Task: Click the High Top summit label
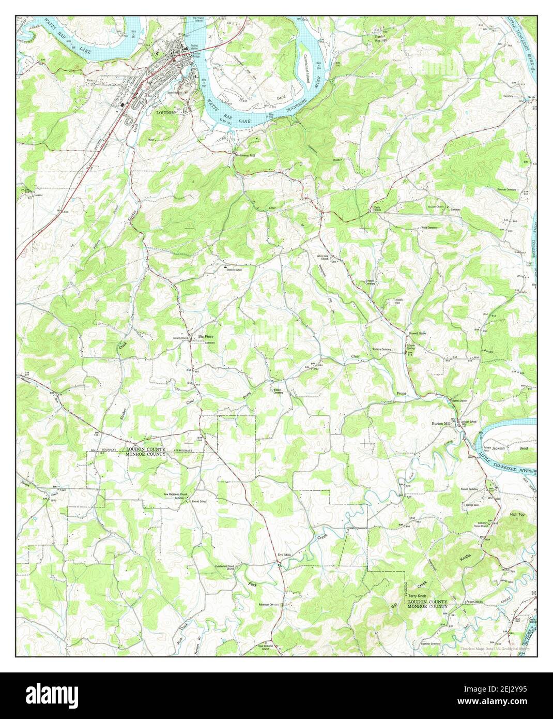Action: (517, 515)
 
